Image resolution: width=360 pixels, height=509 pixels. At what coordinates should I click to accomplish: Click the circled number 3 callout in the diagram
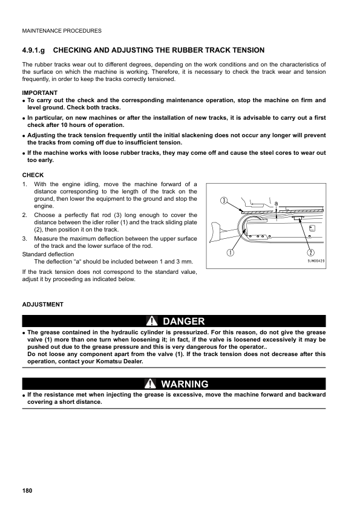point(224,200)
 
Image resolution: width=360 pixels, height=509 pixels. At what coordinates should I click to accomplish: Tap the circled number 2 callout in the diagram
point(310,253)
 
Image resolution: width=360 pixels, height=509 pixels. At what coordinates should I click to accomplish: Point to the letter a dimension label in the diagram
point(276,203)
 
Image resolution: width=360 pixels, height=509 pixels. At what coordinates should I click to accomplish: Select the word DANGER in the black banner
point(184,321)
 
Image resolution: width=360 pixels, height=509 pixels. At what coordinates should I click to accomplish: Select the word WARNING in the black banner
point(185,384)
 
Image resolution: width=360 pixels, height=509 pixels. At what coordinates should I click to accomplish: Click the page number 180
point(27,489)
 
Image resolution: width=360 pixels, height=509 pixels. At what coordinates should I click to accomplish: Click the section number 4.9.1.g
point(35,50)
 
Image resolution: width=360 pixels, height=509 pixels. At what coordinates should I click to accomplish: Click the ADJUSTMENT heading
point(42,304)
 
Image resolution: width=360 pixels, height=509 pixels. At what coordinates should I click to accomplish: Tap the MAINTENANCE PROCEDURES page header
point(61,31)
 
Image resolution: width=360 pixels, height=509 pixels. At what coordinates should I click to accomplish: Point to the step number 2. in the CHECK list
point(25,215)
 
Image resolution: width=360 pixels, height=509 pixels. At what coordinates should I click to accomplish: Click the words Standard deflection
point(48,254)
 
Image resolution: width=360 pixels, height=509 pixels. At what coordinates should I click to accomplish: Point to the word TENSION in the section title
point(243,50)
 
